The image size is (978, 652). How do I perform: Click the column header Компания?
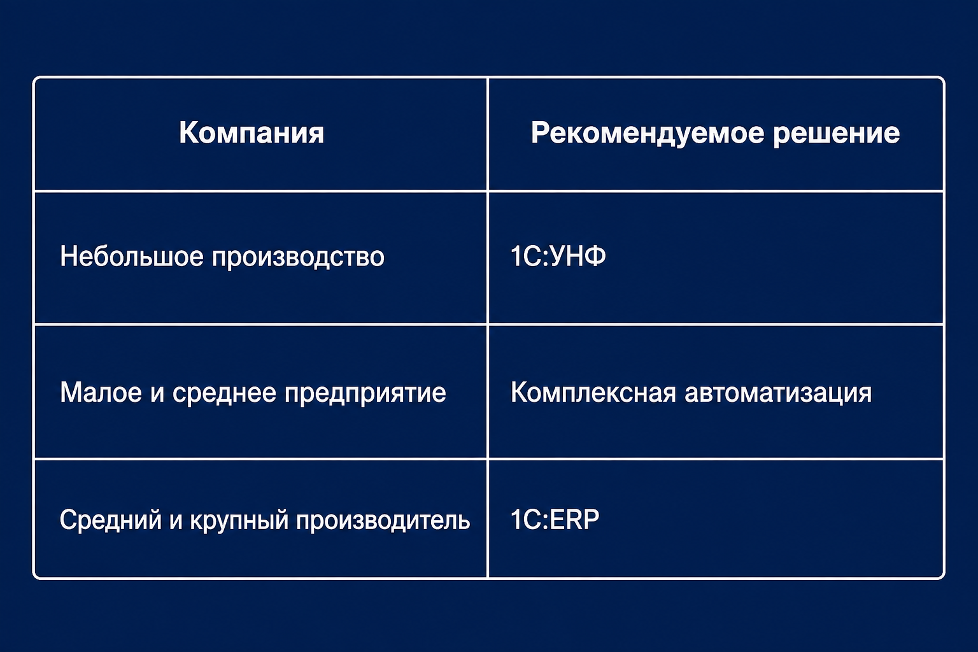[x=252, y=132]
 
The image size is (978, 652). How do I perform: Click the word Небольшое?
[x=131, y=255]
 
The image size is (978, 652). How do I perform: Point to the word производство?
[x=298, y=258]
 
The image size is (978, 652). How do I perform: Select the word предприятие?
[x=365, y=394]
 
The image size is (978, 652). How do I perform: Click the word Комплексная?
[x=593, y=392]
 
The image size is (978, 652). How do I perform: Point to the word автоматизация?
[x=778, y=393]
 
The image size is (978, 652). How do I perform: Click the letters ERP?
[x=574, y=519]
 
